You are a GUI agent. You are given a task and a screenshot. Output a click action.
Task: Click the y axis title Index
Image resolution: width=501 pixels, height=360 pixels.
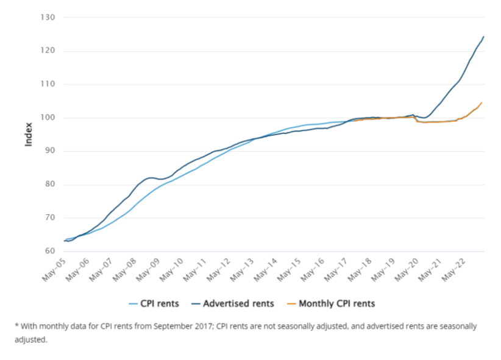click(x=28, y=135)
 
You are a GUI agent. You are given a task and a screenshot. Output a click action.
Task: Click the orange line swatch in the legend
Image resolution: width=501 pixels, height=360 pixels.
click(x=290, y=303)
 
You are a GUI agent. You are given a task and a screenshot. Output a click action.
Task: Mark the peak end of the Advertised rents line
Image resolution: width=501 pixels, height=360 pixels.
click(x=483, y=37)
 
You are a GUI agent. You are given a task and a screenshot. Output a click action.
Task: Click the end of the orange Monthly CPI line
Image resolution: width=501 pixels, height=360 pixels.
click(x=481, y=103)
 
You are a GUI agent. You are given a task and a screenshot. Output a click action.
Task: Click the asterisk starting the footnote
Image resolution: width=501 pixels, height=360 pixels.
click(x=16, y=326)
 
